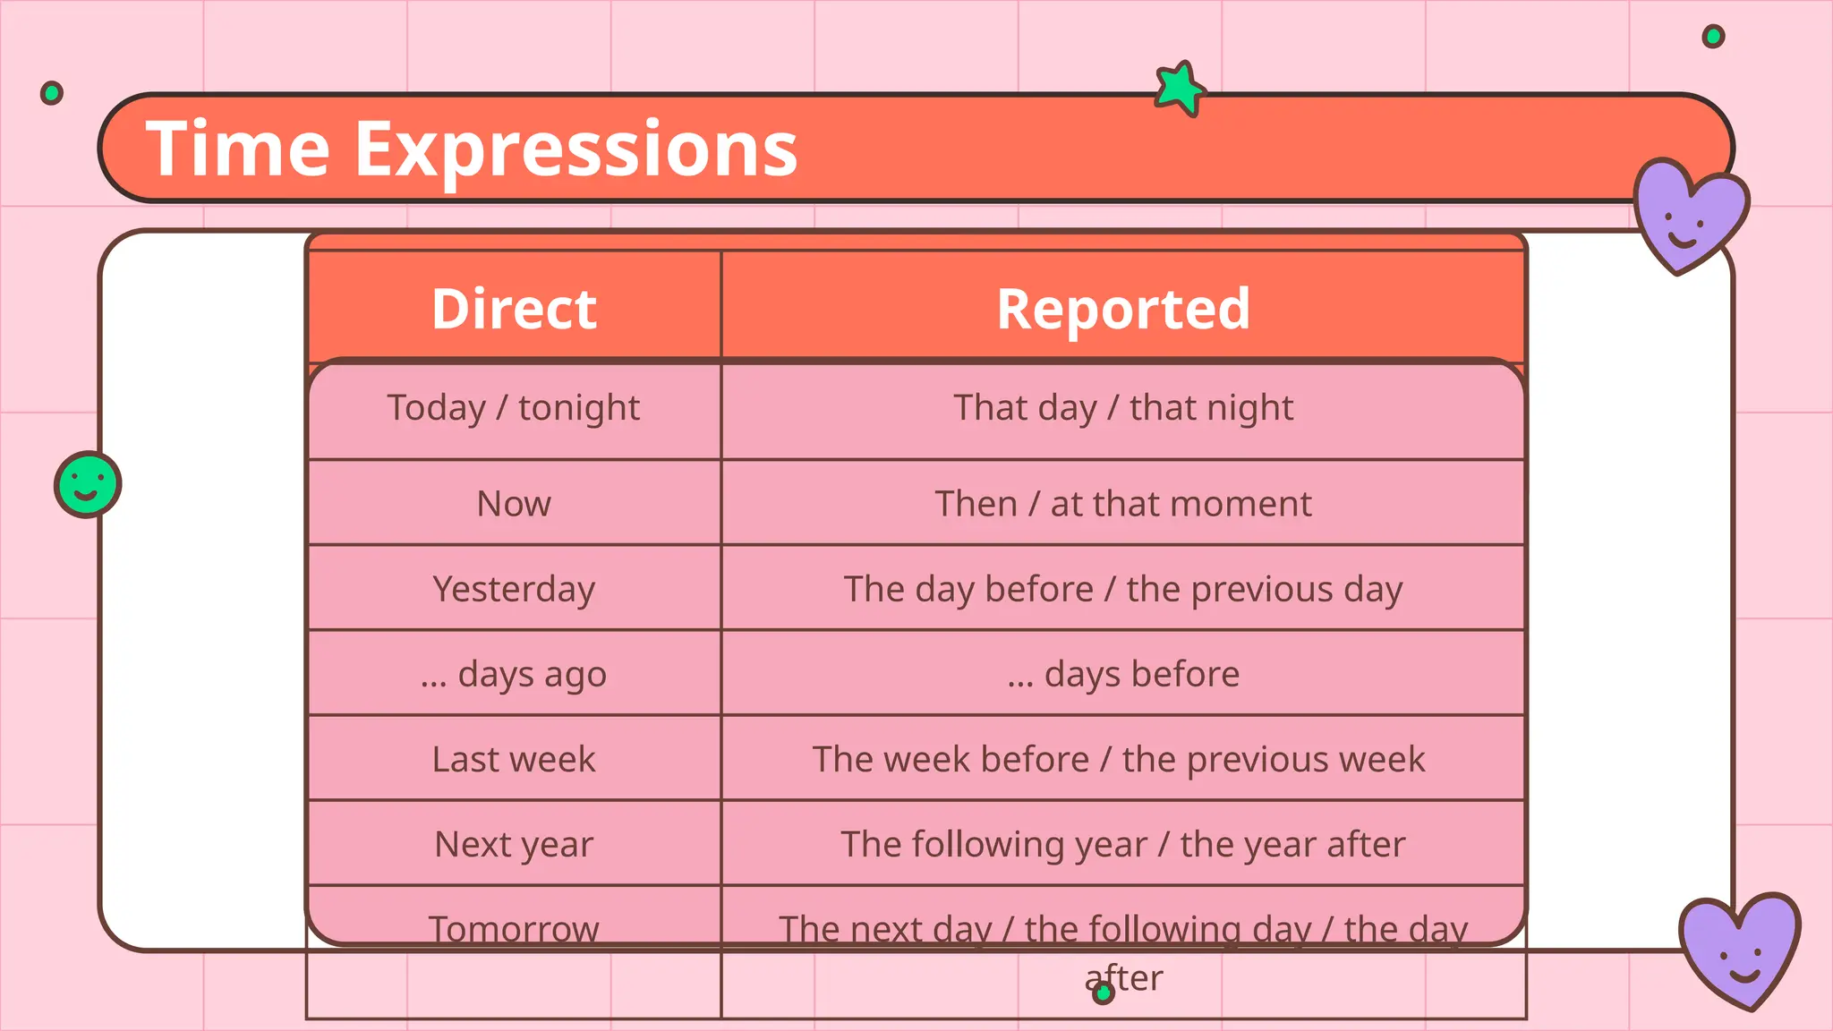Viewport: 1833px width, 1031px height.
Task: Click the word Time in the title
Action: pos(238,149)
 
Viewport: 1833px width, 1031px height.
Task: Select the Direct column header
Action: pos(514,309)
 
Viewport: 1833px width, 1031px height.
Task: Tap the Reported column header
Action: pos(1122,309)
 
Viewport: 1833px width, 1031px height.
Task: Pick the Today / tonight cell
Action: pos(514,408)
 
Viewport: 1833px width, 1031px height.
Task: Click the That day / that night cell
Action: pos(1122,408)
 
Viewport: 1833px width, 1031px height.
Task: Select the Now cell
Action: pos(514,504)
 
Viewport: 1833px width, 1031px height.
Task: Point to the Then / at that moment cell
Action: pos(1122,504)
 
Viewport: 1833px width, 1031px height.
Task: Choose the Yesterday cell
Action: pos(514,589)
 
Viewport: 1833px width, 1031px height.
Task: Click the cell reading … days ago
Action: pos(514,674)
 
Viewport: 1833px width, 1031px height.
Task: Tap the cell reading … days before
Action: pos(1122,674)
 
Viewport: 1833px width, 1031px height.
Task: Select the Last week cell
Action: pos(514,759)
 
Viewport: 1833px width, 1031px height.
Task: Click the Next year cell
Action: pos(514,844)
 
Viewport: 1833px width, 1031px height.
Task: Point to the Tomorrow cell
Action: pos(514,929)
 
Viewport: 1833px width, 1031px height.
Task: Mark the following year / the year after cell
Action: pos(1122,844)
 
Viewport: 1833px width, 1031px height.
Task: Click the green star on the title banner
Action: pos(1179,88)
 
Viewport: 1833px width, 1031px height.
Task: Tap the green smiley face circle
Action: pos(88,484)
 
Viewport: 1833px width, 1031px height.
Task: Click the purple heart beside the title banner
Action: pos(1687,215)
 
